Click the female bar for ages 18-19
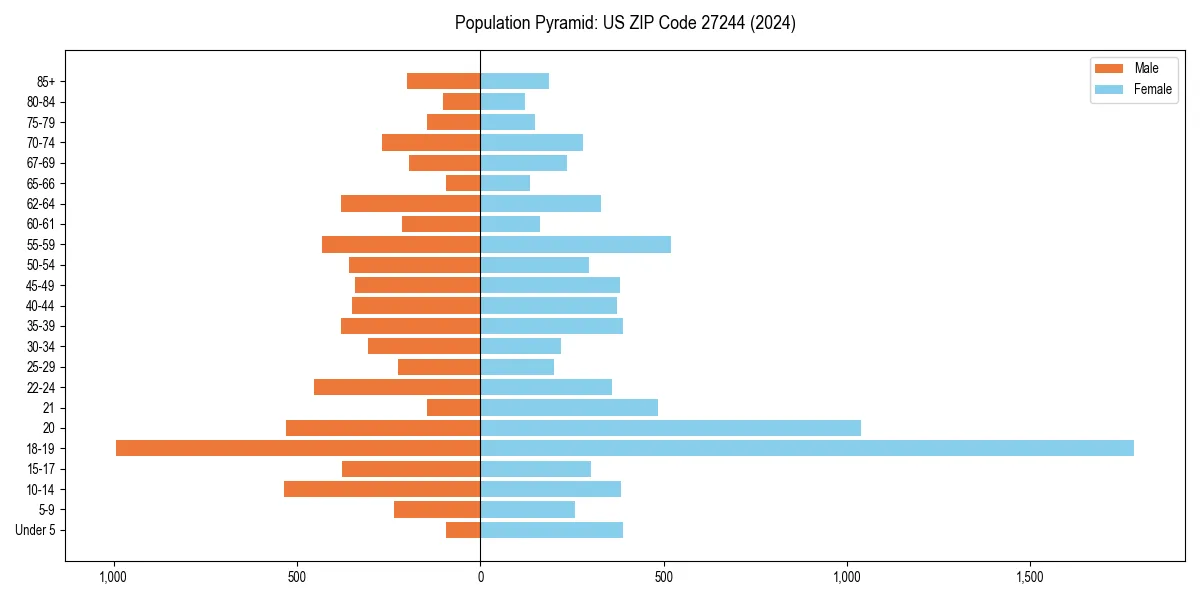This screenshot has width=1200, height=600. pos(807,448)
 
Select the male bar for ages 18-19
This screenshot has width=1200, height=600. pos(298,448)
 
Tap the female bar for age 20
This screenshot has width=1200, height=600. pos(670,428)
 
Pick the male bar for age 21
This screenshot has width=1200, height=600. pos(454,407)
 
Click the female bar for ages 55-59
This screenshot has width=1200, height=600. pos(575,244)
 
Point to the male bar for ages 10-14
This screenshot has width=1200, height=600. pos(382,489)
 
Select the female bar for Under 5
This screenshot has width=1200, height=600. pos(551,530)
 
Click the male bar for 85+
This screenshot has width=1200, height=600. pos(444,81)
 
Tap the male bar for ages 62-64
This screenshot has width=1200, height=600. pos(411,203)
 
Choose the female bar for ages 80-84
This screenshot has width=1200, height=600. pos(502,101)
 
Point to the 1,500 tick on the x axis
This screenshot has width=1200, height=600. pos(1030,578)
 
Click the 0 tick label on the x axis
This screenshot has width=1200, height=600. pos(480,578)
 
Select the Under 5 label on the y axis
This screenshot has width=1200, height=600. pos(35,530)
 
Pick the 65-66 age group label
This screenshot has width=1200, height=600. pos(40,183)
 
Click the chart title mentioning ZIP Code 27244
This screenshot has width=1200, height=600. pos(625,23)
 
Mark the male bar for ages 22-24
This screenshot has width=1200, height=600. pos(397,387)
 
